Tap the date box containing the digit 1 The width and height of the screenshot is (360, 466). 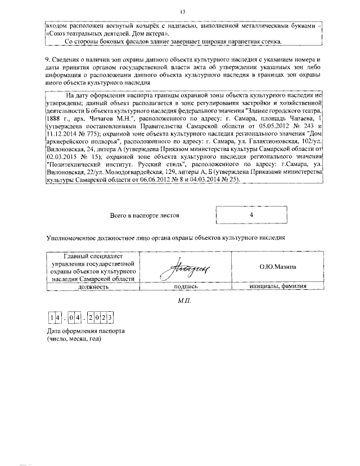[51, 319]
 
